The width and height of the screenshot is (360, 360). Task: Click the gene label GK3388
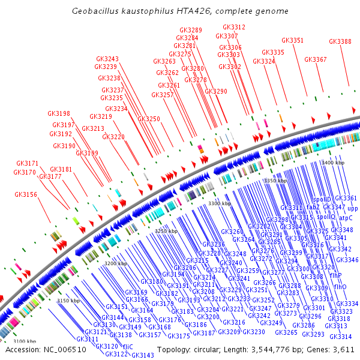coord(340,41)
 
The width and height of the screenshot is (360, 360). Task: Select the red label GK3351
coord(293,40)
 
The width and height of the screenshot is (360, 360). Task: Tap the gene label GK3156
coord(26,194)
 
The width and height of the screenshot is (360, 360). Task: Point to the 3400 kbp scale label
coord(333,163)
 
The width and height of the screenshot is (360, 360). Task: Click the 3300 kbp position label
coord(219,204)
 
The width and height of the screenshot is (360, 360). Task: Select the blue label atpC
coord(346,218)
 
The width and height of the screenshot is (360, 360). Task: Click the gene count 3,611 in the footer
coord(345,349)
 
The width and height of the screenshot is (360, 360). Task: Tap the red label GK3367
coord(316,59)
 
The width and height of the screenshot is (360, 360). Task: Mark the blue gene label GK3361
coord(346,198)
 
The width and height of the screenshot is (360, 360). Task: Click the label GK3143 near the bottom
coord(143,355)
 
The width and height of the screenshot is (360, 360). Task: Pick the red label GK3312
coord(234,27)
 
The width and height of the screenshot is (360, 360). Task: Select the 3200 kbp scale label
coord(116,263)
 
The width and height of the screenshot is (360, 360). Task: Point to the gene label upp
coord(352,208)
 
